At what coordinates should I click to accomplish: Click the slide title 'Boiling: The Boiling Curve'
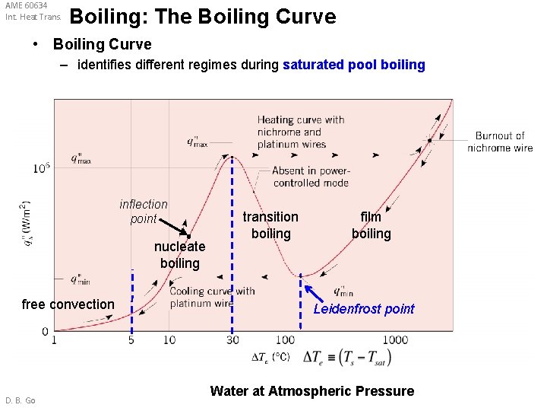coord(202,17)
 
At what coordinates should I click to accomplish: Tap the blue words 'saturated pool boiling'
coord(353,65)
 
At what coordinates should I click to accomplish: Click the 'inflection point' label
coord(143,212)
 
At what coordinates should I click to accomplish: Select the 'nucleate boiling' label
coord(179,255)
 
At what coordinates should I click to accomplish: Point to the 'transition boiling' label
coord(270,225)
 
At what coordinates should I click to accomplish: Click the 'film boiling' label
coord(371,225)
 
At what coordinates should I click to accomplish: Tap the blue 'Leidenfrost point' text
coord(364,308)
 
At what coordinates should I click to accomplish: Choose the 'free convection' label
coord(68,304)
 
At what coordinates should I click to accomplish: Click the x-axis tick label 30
coord(232,340)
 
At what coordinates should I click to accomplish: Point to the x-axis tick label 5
coord(131,340)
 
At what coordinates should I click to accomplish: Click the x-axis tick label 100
coord(285,340)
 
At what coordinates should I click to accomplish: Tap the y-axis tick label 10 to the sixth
coord(42,167)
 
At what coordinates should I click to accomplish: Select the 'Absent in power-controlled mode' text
coord(311,177)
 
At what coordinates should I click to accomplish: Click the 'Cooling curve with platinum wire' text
coord(212,297)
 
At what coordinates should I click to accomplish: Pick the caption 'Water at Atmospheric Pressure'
coord(311,391)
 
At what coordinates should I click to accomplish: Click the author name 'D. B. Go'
coord(21,400)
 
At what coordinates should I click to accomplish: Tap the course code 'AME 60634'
coord(26,5)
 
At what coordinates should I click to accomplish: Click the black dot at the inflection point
coord(188,236)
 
